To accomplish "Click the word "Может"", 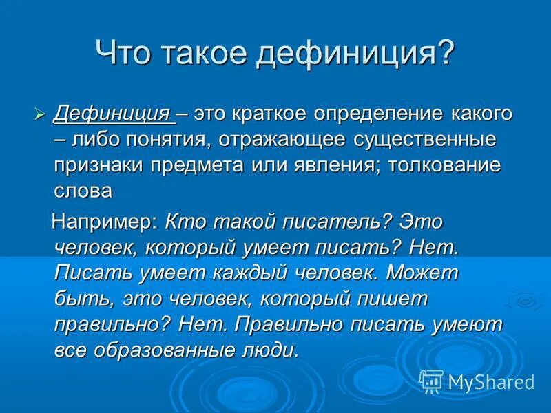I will click(422, 273).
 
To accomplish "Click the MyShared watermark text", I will click(490, 381).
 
